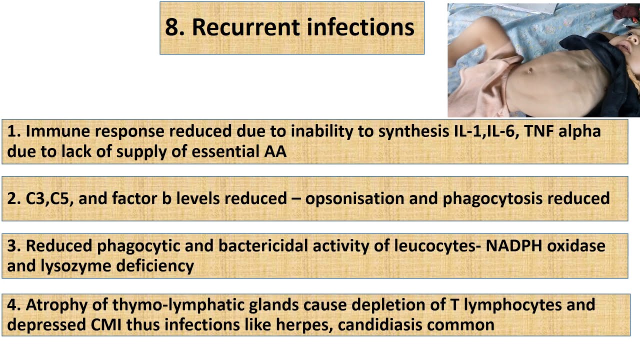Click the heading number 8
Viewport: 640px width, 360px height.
click(172, 27)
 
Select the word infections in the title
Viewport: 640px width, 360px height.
click(360, 27)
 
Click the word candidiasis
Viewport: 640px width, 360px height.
click(385, 324)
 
